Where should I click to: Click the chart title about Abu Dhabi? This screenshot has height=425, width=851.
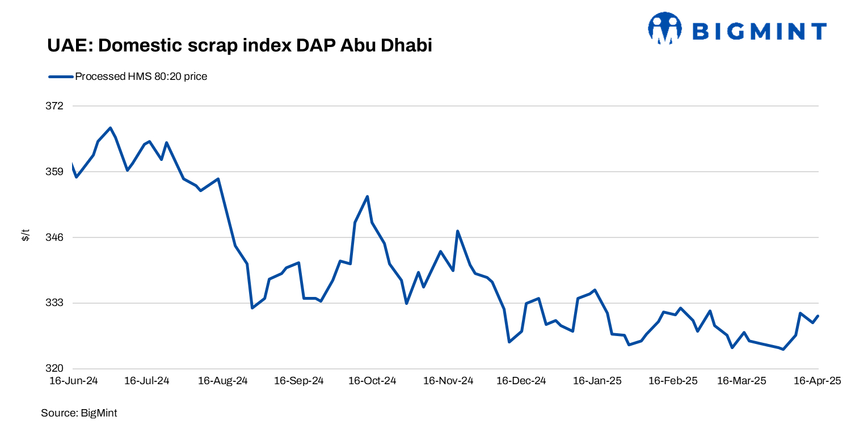[x=239, y=45]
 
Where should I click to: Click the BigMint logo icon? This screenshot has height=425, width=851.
[x=664, y=28]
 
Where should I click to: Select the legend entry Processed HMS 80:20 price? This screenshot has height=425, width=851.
[x=141, y=76]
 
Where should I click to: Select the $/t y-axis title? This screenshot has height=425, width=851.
[x=26, y=235]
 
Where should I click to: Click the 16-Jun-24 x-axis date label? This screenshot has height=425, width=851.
[x=73, y=381]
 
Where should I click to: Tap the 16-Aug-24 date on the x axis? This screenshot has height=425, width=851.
[x=222, y=381]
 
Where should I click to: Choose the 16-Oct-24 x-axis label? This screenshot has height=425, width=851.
[x=372, y=381]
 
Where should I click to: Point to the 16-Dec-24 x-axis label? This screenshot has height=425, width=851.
[x=521, y=381]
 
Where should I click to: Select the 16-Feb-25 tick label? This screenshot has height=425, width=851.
[x=673, y=381]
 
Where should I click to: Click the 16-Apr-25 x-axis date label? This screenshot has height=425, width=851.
[x=817, y=381]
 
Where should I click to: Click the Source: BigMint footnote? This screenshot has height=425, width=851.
[x=79, y=413]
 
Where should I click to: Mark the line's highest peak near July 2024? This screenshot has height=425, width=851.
[x=110, y=128]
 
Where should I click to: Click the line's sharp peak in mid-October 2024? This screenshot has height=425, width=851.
[x=368, y=197]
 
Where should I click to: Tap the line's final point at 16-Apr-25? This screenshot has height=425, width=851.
[x=818, y=316]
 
